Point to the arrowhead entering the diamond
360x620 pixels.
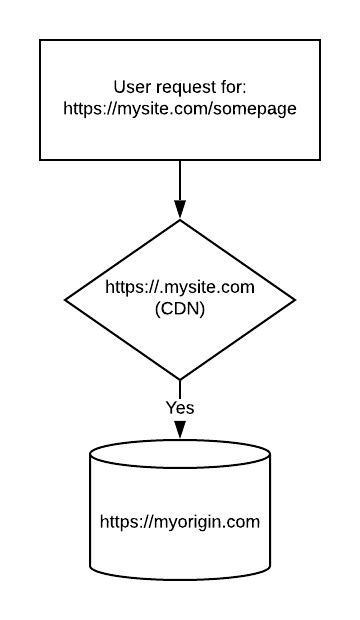[180, 211]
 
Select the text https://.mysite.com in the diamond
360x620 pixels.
[180, 288]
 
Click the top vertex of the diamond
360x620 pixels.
[180, 220]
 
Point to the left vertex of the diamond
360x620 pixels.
[65, 299]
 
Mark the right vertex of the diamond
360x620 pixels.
[295, 299]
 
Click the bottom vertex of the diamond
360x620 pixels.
[180, 379]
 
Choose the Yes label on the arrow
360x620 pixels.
[180, 407]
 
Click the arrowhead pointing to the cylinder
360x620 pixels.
[180, 429]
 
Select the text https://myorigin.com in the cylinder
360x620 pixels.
[180, 521]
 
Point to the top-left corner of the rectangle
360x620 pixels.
[40, 40]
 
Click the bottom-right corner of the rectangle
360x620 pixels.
[319, 159]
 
